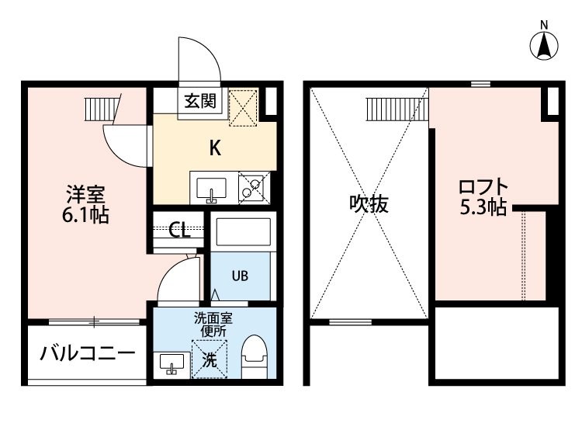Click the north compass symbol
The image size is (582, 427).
click(x=544, y=46)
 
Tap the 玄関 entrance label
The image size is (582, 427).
click(x=200, y=101)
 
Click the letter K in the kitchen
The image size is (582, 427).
click(x=215, y=148)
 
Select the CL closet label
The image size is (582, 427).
click(x=179, y=230)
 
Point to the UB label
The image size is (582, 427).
click(x=240, y=276)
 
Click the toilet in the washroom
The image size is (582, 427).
click(x=255, y=357)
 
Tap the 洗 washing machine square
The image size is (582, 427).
click(x=209, y=359)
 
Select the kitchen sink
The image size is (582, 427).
click(x=211, y=189)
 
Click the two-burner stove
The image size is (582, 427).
click(x=255, y=188)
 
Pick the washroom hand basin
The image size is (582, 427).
click(x=171, y=363)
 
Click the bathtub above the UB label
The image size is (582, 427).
click(x=243, y=232)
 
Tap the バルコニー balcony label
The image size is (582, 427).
click(x=87, y=353)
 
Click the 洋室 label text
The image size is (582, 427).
click(x=85, y=194)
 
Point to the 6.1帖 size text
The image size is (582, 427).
click(x=85, y=215)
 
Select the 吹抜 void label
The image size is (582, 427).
click(x=369, y=203)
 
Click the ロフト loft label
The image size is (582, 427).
click(x=483, y=187)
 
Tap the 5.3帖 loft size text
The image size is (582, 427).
click(x=483, y=207)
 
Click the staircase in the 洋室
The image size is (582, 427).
click(x=102, y=109)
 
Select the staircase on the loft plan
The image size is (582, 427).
click(x=397, y=109)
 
